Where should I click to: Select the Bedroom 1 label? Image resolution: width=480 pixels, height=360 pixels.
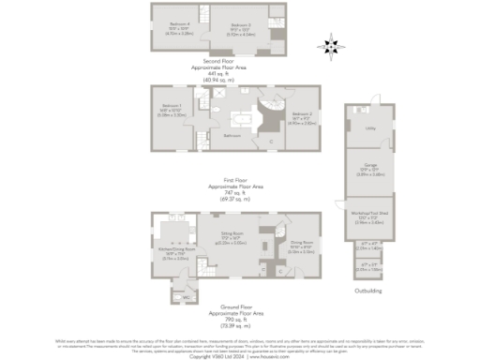pyautogui.click(x=171, y=105)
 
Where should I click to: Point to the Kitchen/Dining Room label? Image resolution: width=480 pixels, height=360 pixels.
pyautogui.click(x=177, y=249)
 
